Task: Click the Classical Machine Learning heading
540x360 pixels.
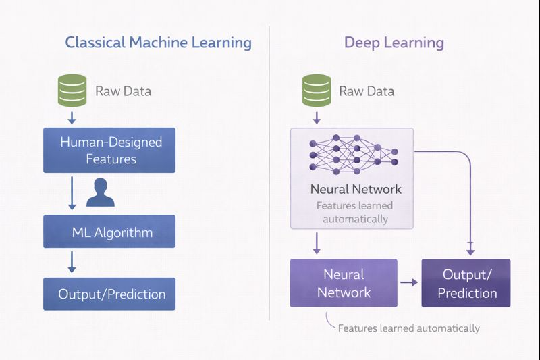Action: (x=158, y=43)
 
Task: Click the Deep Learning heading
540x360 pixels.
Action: (x=394, y=43)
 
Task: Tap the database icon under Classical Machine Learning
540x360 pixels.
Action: (x=72, y=91)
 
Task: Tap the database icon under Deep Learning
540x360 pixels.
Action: (x=315, y=91)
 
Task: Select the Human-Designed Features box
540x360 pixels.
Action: (x=109, y=151)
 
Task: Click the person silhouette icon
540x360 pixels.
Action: (x=101, y=192)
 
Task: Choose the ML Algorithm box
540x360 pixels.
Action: (x=109, y=232)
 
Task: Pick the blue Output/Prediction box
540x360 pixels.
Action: (x=109, y=294)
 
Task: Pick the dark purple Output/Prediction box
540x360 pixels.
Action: (x=466, y=283)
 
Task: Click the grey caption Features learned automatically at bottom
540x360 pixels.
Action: (x=408, y=328)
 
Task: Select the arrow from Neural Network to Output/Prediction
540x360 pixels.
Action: (x=409, y=283)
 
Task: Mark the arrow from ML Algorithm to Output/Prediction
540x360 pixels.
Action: (x=72, y=261)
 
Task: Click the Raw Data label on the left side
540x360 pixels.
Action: (x=123, y=91)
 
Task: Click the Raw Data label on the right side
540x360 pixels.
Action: (x=367, y=91)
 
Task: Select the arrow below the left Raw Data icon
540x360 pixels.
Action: (x=72, y=118)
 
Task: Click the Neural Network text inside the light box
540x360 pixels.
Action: (x=356, y=189)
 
